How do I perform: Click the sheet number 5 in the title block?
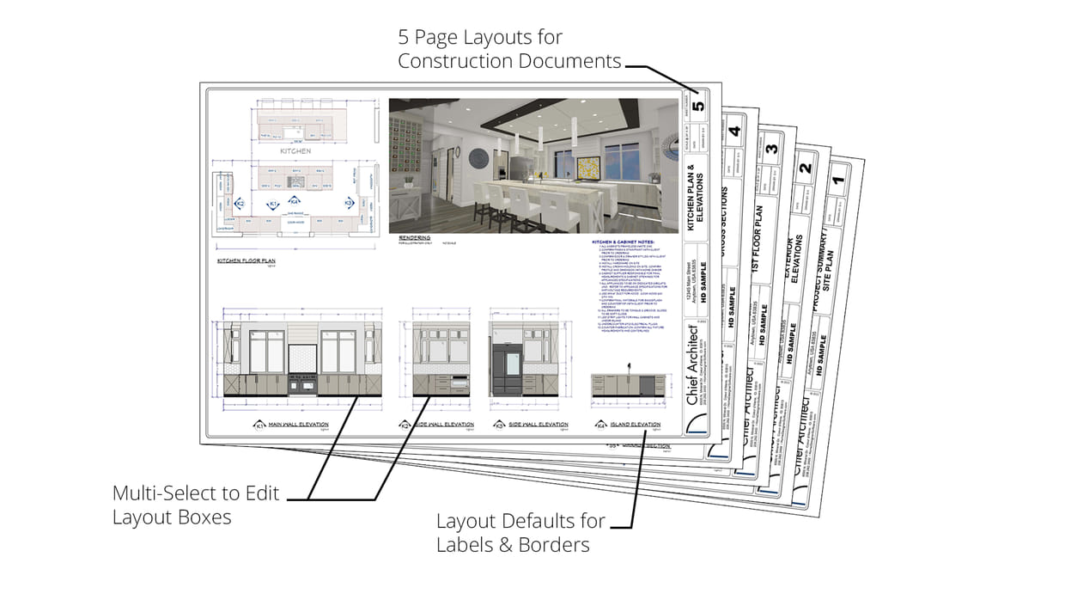tap(698, 107)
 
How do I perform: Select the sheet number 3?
tap(772, 148)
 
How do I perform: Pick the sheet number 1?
tap(841, 182)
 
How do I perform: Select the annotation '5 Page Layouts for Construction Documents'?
tap(508, 49)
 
